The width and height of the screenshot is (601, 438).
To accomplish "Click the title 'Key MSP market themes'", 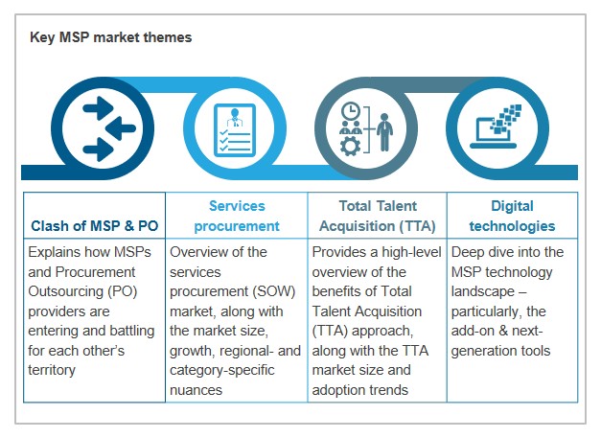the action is pyautogui.click(x=111, y=37).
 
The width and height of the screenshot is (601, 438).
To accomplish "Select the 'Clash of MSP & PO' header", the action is pyautogui.click(x=94, y=225).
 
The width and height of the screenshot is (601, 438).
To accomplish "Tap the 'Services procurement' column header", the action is pyautogui.click(x=237, y=216).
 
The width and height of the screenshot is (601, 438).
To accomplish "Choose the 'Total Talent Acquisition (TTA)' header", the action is pyautogui.click(x=378, y=216).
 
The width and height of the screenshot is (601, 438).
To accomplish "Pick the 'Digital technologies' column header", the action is pyautogui.click(x=512, y=216).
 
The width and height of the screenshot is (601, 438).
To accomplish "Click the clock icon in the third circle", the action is pyautogui.click(x=350, y=111).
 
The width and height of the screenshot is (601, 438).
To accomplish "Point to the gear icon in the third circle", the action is pyautogui.click(x=350, y=147).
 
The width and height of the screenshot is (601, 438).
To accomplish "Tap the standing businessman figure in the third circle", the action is pyautogui.click(x=384, y=132).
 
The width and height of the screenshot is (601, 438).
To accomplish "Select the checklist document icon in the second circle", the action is pyautogui.click(x=235, y=130).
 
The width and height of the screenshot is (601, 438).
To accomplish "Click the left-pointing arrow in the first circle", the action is pyautogui.click(x=121, y=128).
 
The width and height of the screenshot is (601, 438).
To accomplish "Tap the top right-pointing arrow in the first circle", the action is pyautogui.click(x=98, y=108).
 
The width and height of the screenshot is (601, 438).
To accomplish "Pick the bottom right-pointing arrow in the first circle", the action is pyautogui.click(x=98, y=150).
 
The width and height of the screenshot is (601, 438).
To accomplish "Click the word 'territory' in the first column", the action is pyautogui.click(x=52, y=370).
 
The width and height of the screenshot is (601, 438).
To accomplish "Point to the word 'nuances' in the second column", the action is pyautogui.click(x=196, y=390).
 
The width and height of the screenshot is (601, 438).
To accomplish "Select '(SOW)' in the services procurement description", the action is pyautogui.click(x=274, y=291).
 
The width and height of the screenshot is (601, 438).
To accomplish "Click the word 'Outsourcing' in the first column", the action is pyautogui.click(x=65, y=291).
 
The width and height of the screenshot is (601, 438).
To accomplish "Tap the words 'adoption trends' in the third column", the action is pyautogui.click(x=360, y=390).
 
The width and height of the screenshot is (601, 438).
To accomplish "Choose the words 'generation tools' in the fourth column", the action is pyautogui.click(x=500, y=351).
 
